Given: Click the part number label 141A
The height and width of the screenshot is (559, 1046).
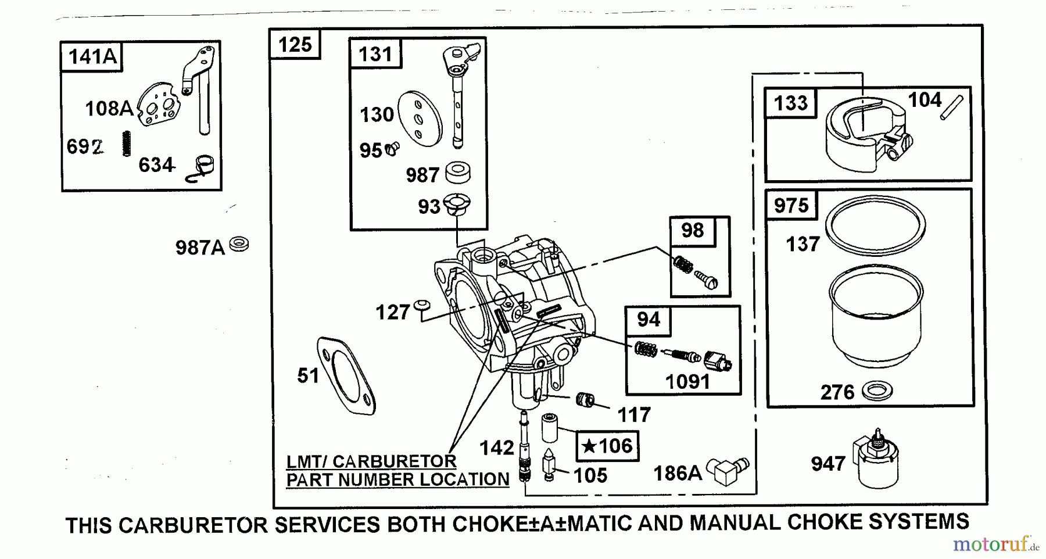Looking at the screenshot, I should [92, 57].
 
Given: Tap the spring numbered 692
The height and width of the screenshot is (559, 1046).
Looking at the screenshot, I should [127, 144].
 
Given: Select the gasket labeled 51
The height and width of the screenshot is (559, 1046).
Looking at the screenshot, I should [346, 375].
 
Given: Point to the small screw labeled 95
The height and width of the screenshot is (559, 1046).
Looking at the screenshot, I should [393, 149].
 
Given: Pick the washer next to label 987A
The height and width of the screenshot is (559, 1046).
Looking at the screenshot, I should [239, 244].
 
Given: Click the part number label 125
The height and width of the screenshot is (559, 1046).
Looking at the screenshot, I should [295, 44].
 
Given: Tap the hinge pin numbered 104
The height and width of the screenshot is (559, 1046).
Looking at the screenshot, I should [951, 108].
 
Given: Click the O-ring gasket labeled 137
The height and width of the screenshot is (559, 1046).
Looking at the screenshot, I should [875, 226].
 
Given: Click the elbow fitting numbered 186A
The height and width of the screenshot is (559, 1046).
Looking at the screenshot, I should [728, 470].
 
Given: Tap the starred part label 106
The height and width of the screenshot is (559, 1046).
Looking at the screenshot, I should [607, 446].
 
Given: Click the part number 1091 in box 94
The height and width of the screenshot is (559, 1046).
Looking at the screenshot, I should [687, 382].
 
